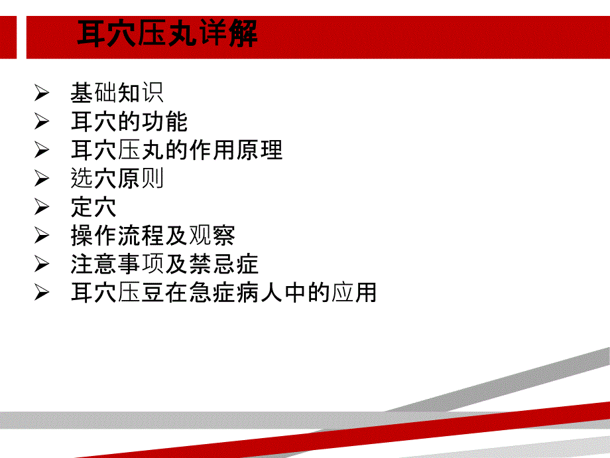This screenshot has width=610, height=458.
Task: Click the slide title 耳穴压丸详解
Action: (x=167, y=33)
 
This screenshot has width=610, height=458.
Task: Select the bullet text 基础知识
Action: (x=117, y=93)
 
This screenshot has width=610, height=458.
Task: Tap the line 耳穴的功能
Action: (x=129, y=121)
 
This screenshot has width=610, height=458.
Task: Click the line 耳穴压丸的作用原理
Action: (x=176, y=150)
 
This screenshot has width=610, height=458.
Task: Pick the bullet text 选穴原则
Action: (x=117, y=179)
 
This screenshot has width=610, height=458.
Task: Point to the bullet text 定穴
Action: (x=93, y=207)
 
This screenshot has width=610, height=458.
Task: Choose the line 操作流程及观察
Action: (x=152, y=235)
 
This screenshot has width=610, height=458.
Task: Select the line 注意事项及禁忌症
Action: (x=164, y=264)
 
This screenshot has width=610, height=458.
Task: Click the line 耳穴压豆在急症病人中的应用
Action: (x=223, y=292)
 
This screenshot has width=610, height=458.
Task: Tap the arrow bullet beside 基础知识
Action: (x=42, y=93)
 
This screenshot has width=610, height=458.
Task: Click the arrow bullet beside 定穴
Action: (x=42, y=207)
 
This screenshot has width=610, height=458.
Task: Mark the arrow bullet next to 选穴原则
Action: (x=42, y=179)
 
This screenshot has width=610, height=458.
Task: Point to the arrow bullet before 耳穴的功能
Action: (x=42, y=121)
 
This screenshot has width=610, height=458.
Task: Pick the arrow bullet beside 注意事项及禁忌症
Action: (x=42, y=264)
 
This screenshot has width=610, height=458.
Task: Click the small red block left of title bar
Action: (x=8, y=37)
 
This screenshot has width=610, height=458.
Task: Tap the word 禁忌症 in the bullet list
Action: (x=223, y=264)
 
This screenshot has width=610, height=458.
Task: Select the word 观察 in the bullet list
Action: (x=212, y=235)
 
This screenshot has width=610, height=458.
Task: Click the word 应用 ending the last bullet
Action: (x=353, y=292)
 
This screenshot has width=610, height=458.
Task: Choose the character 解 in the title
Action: (x=243, y=33)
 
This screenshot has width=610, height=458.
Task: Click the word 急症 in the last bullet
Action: (x=212, y=292)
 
